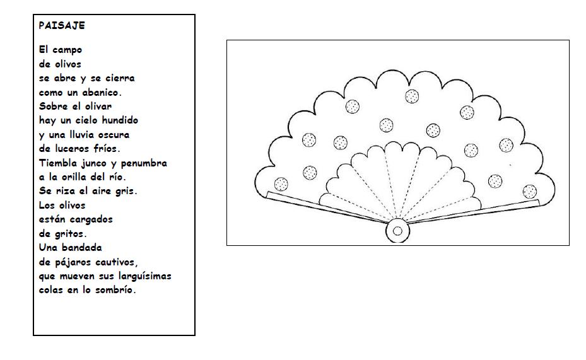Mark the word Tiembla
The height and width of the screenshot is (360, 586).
coord(56,163)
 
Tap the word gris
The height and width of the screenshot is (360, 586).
coord(126,191)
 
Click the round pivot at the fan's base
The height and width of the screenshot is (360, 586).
coord(397,231)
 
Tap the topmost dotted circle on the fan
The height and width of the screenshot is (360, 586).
coord(411,96)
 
